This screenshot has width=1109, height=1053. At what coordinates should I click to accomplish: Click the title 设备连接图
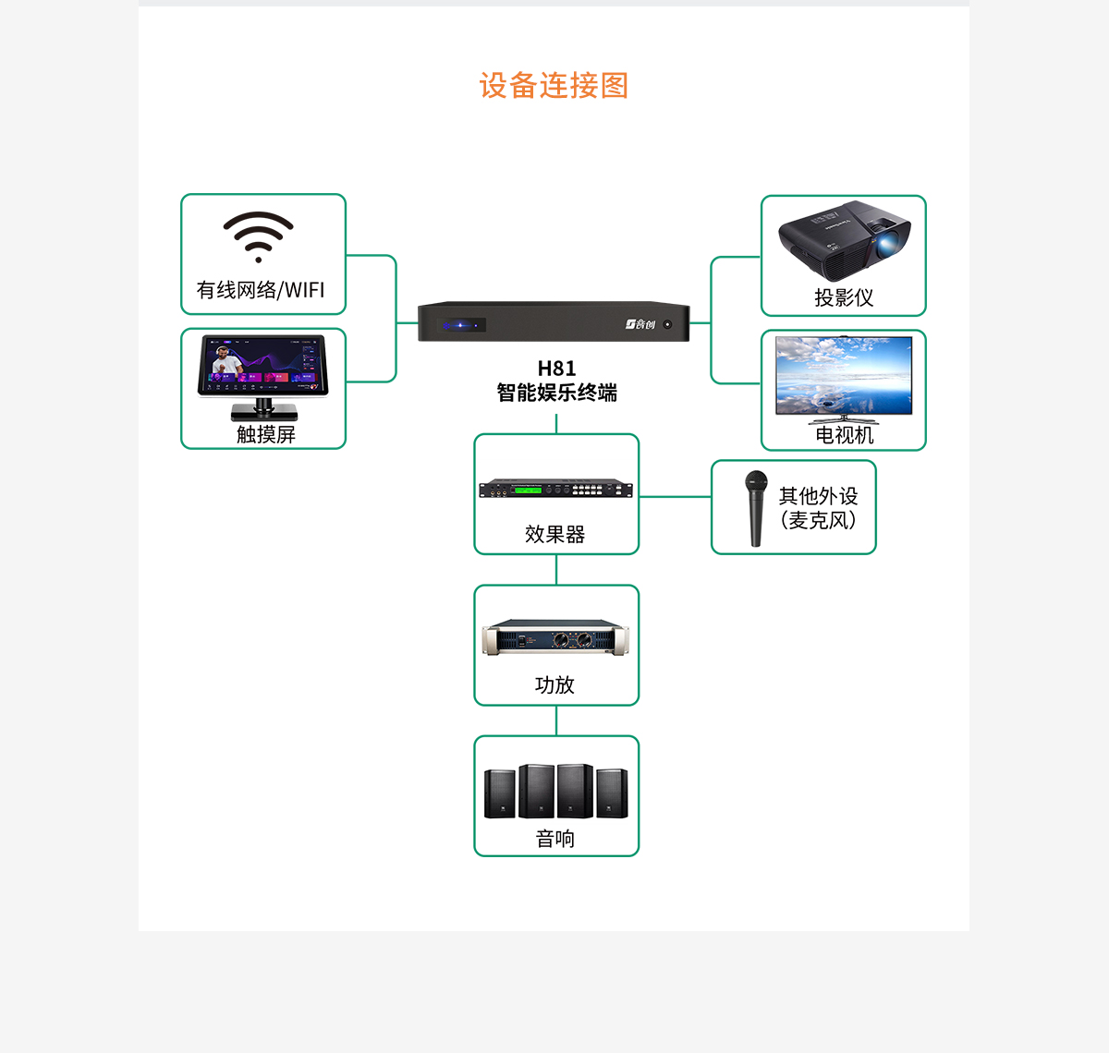point(554,86)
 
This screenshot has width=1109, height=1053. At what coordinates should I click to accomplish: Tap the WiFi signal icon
point(259,236)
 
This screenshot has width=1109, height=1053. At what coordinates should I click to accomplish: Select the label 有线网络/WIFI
point(261,290)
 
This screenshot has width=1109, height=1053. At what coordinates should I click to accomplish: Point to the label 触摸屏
point(266,434)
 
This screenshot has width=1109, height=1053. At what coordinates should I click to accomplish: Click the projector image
point(844,240)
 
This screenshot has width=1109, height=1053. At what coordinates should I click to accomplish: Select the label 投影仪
point(844,297)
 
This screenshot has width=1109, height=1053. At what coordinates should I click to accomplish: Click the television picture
point(844,376)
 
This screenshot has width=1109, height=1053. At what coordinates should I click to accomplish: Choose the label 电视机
point(844,435)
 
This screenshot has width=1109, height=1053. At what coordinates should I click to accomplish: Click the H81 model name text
point(556,369)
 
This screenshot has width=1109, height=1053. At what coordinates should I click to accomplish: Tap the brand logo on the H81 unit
point(640,324)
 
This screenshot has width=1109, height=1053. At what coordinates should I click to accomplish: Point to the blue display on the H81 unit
point(462,325)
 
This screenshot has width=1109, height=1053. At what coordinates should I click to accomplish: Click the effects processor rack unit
point(556,490)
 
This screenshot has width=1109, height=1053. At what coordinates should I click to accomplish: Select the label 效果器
point(555,534)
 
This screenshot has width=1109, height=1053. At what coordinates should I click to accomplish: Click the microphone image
point(757,508)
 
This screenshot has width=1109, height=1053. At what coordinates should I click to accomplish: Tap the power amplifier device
point(556,638)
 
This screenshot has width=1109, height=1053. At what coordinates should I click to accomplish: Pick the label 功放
point(555,684)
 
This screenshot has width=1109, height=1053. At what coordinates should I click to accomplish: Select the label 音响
point(555,838)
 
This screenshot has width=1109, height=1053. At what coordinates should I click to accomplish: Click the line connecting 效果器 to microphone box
point(675,497)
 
